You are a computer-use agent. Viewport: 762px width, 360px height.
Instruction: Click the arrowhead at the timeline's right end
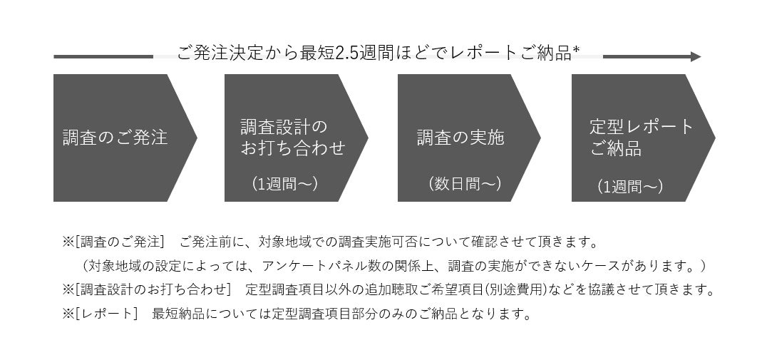696,56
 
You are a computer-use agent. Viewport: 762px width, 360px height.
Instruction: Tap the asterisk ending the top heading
576,50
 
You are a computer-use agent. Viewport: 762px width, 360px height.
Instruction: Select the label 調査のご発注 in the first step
115,137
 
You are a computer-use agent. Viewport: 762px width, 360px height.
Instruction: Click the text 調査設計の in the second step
284,128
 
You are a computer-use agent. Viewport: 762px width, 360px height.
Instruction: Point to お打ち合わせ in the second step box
293,148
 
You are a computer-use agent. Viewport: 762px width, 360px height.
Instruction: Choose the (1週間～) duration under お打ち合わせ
285,184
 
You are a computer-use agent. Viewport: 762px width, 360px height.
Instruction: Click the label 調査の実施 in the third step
460,137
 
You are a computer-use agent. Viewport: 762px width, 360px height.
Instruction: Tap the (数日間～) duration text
465,184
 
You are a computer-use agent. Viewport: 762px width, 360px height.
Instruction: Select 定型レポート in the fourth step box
642,128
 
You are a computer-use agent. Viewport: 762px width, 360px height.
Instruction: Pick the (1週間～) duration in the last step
630,187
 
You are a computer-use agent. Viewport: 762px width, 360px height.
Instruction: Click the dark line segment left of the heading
103,56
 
